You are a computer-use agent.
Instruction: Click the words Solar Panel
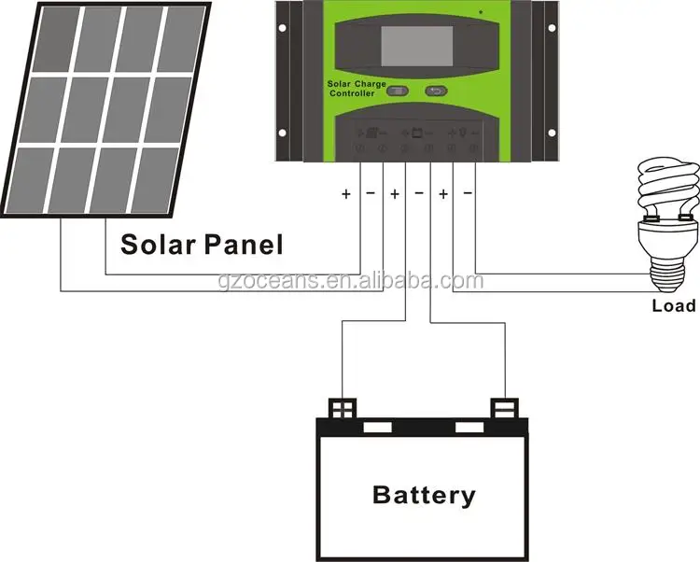coord(202,245)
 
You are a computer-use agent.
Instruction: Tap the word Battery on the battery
coord(424,496)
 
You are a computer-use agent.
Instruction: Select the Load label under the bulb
coord(674,306)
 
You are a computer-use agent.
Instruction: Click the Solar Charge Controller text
coord(357,89)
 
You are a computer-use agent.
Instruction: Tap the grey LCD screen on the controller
coord(417,46)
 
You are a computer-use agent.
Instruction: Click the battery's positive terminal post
coord(343,408)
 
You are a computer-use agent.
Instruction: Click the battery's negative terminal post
coord(504,408)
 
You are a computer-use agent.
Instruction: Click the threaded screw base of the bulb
coord(666,274)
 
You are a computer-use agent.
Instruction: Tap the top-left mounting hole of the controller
coord(282,28)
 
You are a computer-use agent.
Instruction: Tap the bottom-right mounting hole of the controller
coord(552,133)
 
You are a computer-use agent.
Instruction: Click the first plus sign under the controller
coord(346,194)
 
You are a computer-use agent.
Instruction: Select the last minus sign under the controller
coord(468,193)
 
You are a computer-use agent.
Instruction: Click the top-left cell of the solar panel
coord(60,40)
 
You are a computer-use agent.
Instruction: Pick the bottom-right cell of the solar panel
coord(154,180)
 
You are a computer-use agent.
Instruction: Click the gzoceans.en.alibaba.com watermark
coord(351,281)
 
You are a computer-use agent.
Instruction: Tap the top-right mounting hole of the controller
coord(552,28)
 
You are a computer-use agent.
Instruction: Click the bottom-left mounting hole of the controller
coord(282,133)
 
